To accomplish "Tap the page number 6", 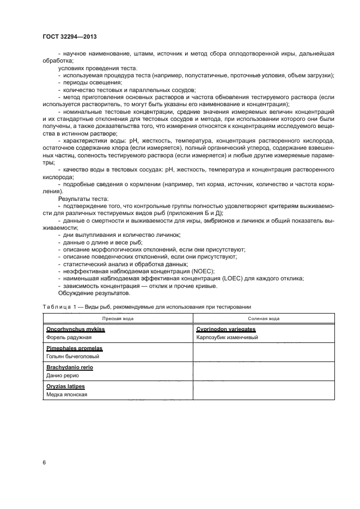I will [44, 463].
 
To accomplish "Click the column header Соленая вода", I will [264, 318].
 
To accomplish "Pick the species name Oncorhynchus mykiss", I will [76, 329].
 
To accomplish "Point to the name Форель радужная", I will [69, 338].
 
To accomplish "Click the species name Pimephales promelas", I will [75, 348].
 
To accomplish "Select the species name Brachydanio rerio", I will [71, 367].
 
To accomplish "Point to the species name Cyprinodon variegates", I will [225, 329].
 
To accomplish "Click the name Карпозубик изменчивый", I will [227, 338].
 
